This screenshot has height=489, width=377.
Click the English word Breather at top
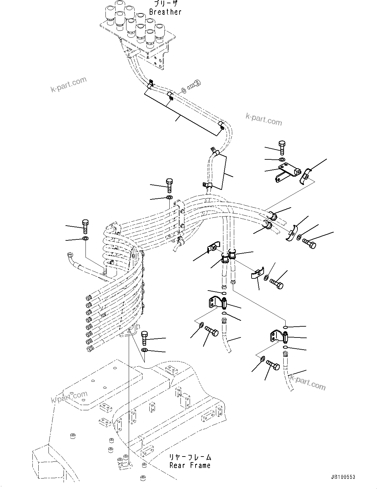(165, 12)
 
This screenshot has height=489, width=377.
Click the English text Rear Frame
(190, 465)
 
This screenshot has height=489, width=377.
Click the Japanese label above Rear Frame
(190, 457)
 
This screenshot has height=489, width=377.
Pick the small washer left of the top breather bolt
(184, 90)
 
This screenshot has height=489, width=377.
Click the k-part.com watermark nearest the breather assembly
(68, 84)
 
